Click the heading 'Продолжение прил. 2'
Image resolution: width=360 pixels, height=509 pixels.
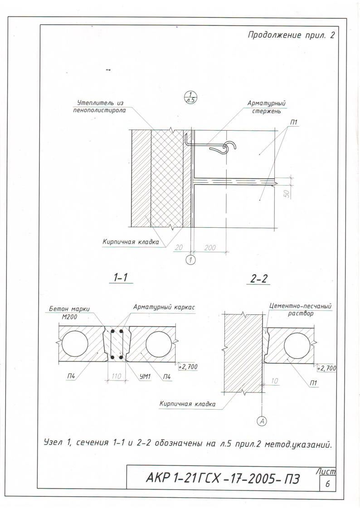tap(291, 35)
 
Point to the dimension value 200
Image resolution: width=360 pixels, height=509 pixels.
tap(210, 248)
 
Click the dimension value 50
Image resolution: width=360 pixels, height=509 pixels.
tap(287, 194)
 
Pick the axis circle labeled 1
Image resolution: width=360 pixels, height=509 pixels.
tap(191, 259)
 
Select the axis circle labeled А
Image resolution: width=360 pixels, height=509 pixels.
tap(262, 421)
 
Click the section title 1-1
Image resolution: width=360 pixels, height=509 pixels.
tap(120, 278)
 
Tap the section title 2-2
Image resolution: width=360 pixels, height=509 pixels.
tap(259, 279)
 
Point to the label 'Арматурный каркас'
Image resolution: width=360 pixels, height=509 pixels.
tap(164, 307)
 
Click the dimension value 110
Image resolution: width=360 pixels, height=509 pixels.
tap(116, 376)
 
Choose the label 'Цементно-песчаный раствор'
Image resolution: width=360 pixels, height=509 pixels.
tap(300, 310)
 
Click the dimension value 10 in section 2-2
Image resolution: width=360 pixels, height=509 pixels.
tap(274, 381)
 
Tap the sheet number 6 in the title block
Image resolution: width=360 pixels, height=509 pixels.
tap(327, 484)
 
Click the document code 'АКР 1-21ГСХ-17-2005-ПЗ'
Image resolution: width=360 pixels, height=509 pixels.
tap(223, 478)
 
